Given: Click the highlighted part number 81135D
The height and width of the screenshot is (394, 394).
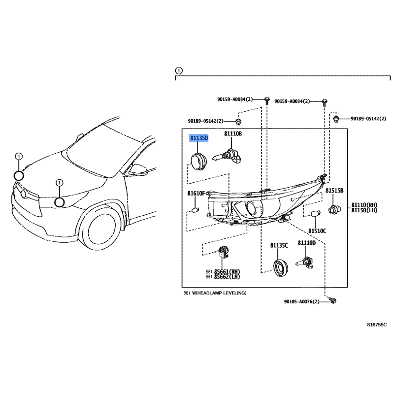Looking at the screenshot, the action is pos(199,138).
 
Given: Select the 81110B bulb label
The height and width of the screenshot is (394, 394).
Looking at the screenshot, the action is pos(233,133).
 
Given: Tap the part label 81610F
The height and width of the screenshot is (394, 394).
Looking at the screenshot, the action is pos(196,193).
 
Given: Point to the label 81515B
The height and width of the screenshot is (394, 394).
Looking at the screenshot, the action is pos(334,191).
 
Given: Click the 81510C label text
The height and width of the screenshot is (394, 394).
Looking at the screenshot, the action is pos(317,230).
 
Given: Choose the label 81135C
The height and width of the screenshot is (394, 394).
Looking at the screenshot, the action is pos(279,245).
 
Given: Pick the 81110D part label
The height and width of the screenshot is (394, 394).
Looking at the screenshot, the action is pos(306,243).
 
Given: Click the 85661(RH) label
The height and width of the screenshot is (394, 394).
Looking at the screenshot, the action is pos(227,272).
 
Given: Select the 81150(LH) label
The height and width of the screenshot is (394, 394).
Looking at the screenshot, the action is pos(364,210).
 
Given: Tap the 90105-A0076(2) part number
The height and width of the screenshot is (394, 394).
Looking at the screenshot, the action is pos(301,301).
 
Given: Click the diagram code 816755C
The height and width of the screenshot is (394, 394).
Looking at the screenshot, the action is pos(377,325).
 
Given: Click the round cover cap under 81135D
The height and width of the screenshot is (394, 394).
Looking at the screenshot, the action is pos(199,161).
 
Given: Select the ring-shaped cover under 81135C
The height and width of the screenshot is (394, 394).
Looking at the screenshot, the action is pos(280,268).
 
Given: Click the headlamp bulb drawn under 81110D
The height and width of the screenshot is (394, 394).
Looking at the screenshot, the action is pos(304,263).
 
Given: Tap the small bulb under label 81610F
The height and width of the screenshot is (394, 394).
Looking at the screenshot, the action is pos(195,210).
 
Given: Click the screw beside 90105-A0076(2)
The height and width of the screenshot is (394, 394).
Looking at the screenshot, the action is pos(333,300).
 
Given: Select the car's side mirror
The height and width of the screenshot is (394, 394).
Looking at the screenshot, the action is pos(139,170).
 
